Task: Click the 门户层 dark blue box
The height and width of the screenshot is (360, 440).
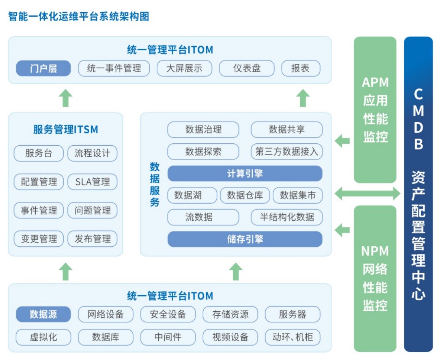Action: pos(43,68)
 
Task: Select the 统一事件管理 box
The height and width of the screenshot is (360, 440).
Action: pos(114,68)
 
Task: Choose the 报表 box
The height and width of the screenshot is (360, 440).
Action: pos(300,68)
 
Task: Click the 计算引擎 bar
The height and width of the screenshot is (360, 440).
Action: pos(245,173)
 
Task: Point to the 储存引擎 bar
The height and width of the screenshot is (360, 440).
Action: pos(245,239)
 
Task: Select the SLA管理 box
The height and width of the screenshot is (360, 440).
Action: pos(92,182)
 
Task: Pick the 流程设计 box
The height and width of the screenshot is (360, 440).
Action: pos(92,153)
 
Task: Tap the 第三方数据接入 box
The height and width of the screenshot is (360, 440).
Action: pos(287,152)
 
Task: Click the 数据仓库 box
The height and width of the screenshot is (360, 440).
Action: pos(245,195)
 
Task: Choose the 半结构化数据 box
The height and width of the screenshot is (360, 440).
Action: pos(287,217)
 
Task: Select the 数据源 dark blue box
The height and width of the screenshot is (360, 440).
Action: pos(43,314)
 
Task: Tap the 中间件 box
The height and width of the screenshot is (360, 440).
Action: pos(168,337)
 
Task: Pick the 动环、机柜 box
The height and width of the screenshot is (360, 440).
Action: pos(292,337)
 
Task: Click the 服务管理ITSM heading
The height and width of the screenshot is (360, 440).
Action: pos(65,130)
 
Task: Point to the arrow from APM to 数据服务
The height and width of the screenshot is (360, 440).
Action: pos(342,141)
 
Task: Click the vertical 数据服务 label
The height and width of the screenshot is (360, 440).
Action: pos(155,184)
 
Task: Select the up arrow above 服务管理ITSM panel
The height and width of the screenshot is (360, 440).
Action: pos(66,98)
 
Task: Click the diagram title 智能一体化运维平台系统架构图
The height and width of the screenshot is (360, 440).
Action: pos(78,16)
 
